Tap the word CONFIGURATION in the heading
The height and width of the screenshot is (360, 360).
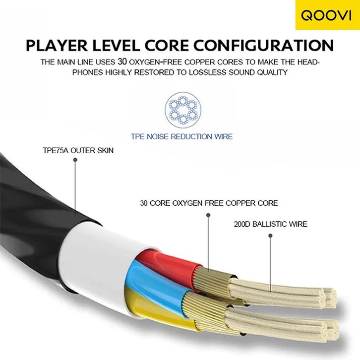[x=263, y=45]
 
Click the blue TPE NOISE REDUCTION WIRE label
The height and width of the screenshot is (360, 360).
[x=181, y=136]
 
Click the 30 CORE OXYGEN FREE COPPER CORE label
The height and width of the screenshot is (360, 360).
[x=209, y=203]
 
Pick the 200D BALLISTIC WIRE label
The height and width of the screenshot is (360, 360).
[x=270, y=224]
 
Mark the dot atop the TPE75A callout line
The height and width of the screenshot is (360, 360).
[x=75, y=160]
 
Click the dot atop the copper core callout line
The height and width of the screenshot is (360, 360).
[x=209, y=214]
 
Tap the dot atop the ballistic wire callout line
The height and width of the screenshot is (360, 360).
[x=270, y=236]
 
